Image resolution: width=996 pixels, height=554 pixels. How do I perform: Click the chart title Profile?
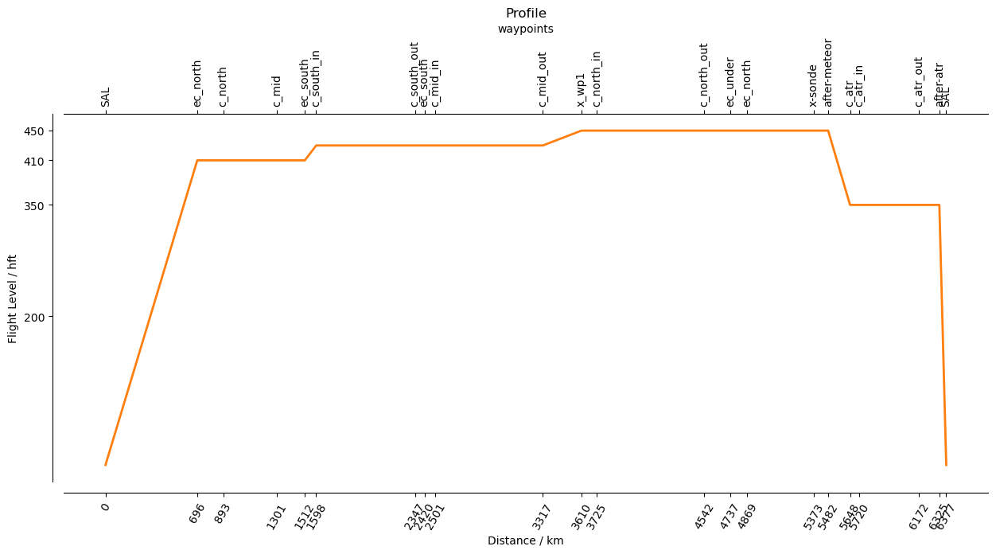[526, 14]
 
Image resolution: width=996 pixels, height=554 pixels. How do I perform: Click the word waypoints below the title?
[526, 29]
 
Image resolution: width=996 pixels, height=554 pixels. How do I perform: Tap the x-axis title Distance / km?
[526, 541]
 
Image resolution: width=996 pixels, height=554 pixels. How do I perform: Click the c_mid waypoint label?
[277, 91]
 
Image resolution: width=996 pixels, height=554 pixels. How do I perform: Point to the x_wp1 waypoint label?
[582, 89]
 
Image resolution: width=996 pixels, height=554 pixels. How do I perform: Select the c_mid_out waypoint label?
[543, 80]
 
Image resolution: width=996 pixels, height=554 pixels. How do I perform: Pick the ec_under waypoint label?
[730, 82]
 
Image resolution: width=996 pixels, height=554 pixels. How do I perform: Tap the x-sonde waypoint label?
[813, 85]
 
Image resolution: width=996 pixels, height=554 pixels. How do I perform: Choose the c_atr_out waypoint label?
[919, 82]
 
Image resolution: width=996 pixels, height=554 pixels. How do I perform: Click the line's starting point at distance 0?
[105, 465]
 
